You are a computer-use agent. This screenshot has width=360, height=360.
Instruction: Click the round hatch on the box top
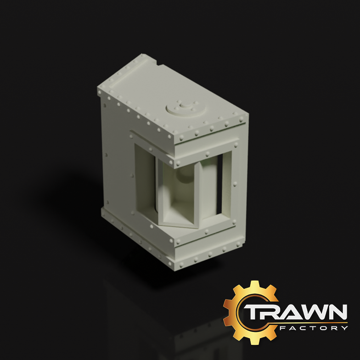tap(185, 108)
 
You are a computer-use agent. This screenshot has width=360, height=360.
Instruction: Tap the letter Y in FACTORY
tap(344, 328)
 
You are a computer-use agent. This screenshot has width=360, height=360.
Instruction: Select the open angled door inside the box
tap(179, 195)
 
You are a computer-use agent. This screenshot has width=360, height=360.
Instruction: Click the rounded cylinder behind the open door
tap(209, 188)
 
